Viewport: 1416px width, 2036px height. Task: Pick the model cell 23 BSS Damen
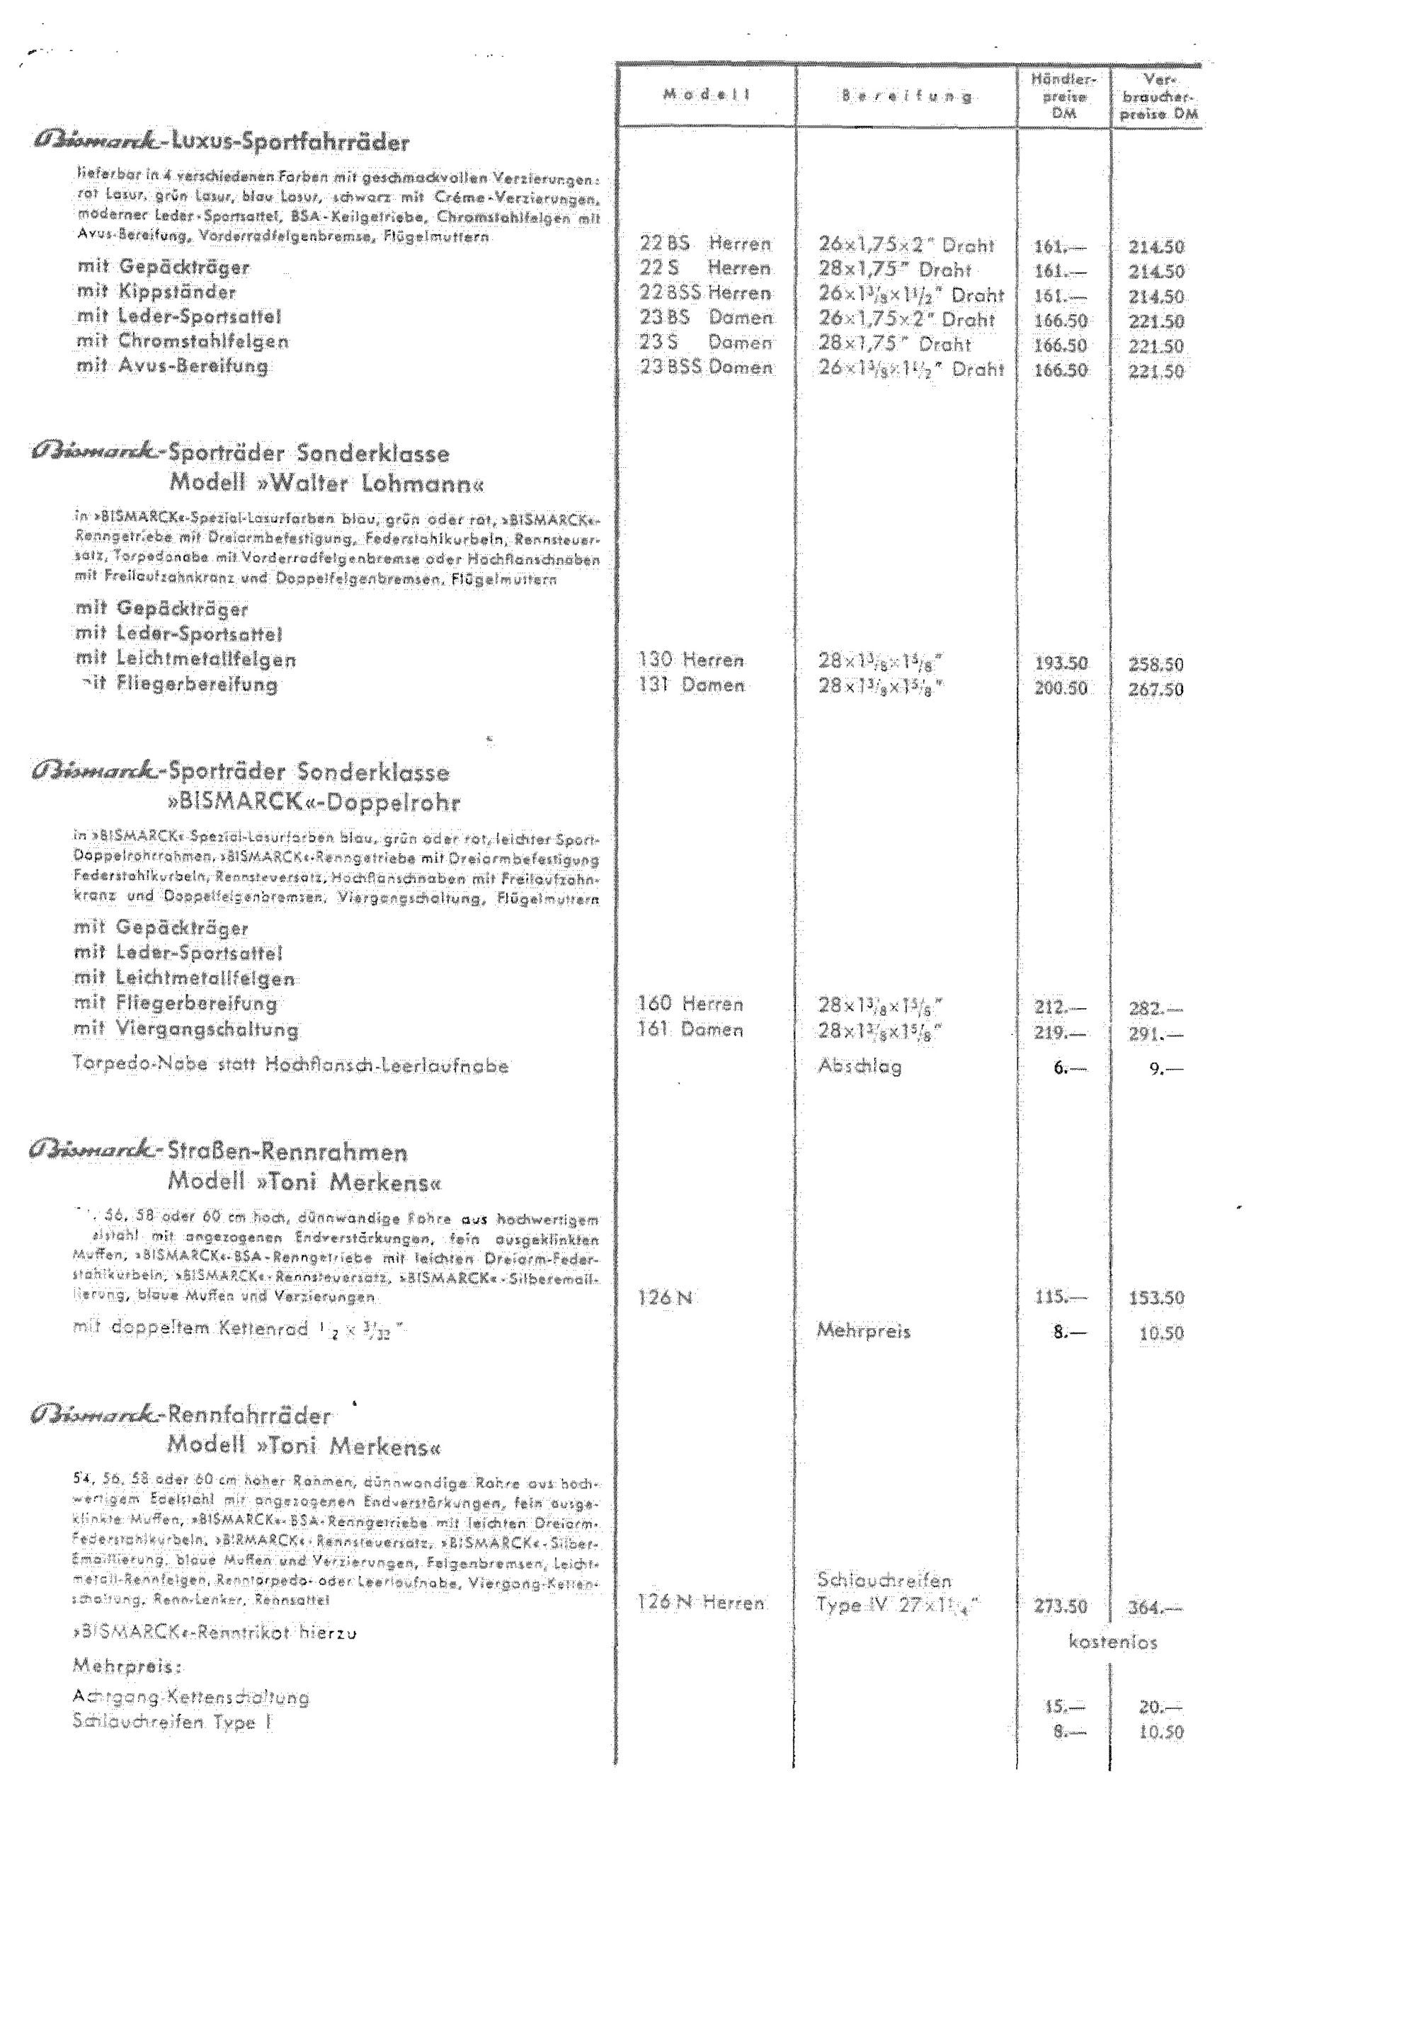click(705, 367)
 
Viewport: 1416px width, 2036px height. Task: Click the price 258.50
click(1155, 664)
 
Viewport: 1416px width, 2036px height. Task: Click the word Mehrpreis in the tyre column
click(863, 1330)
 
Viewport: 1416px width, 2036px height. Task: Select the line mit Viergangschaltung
click(186, 1029)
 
